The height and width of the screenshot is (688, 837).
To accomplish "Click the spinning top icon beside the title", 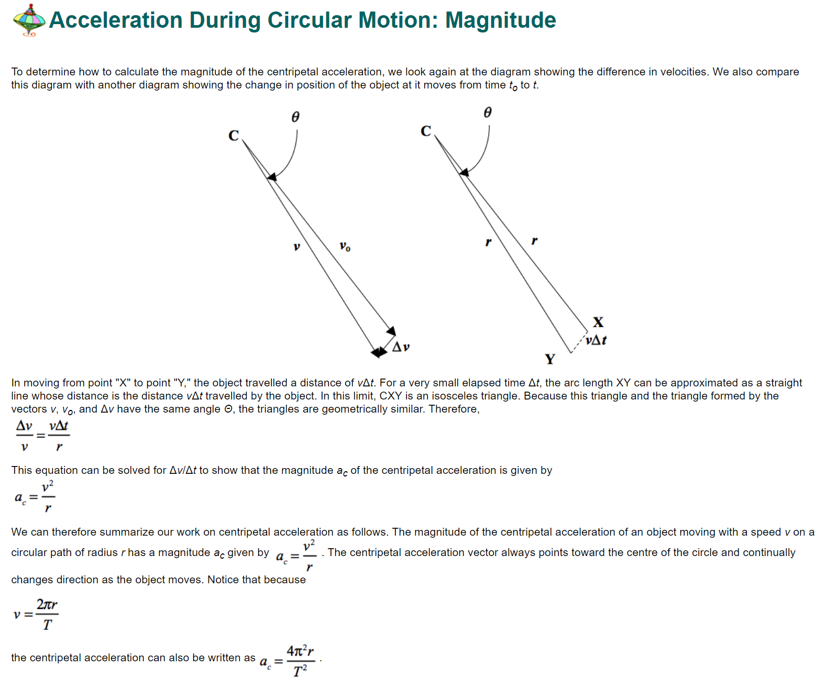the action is pyautogui.click(x=29, y=20).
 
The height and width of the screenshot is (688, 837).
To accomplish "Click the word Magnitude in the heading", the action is pyautogui.click(x=500, y=20).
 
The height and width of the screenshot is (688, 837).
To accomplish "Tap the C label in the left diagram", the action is pyautogui.click(x=234, y=136).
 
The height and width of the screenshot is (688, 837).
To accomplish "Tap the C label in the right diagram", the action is pyautogui.click(x=426, y=131).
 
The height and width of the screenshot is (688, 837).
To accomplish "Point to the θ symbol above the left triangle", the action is pyautogui.click(x=295, y=117).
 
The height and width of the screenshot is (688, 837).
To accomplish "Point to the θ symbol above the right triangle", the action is pyautogui.click(x=488, y=113).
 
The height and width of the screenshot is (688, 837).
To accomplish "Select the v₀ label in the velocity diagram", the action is pyautogui.click(x=345, y=246).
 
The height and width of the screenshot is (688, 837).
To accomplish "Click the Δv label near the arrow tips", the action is pyautogui.click(x=401, y=347).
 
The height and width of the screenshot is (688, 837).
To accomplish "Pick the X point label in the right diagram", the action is pyautogui.click(x=598, y=322).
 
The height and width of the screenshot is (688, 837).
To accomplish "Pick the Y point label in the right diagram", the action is pyautogui.click(x=550, y=359).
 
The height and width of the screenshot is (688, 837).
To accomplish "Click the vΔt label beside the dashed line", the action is pyautogui.click(x=596, y=340).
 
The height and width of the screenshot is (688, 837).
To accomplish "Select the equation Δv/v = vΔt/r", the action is pyautogui.click(x=42, y=436).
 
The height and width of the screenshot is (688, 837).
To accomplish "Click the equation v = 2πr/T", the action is pyautogui.click(x=36, y=614).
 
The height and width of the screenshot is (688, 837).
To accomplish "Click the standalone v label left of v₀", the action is pyautogui.click(x=296, y=246).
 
